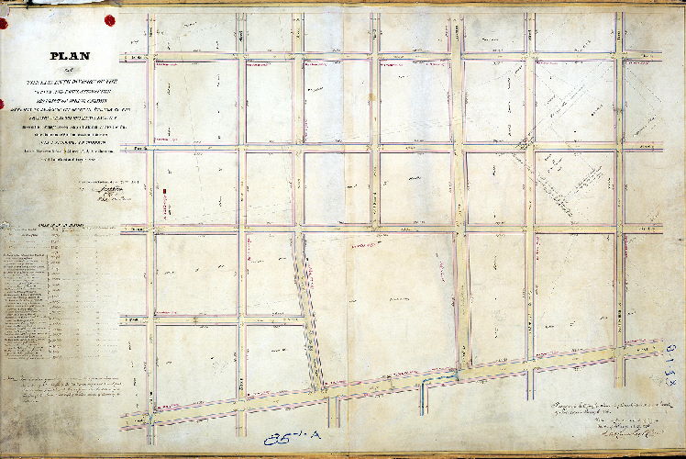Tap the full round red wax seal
click(109, 19)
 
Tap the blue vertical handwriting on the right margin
click(672, 349)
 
